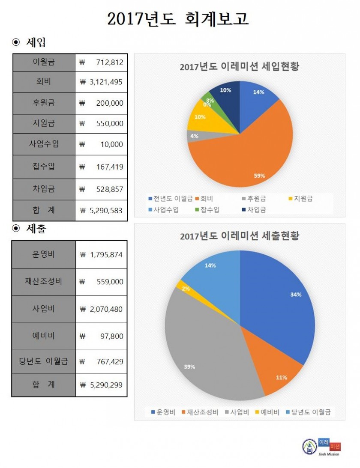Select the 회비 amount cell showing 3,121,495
[102, 83]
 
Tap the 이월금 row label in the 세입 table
[44, 63]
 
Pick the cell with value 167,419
[102, 167]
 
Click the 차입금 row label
[44, 189]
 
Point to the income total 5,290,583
[102, 210]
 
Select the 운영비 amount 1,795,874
[102, 255]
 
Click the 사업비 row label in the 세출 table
[44, 308]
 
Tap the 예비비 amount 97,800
[102, 336]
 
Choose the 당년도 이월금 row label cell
[44, 361]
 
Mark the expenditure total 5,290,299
[102, 385]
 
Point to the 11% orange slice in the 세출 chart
[279, 373]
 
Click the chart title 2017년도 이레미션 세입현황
[239, 67]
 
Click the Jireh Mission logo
[321, 447]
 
